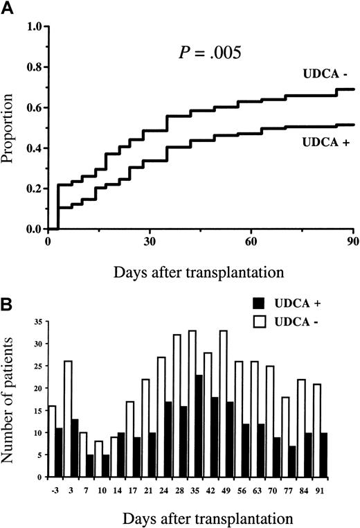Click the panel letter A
9,8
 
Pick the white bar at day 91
336,414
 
